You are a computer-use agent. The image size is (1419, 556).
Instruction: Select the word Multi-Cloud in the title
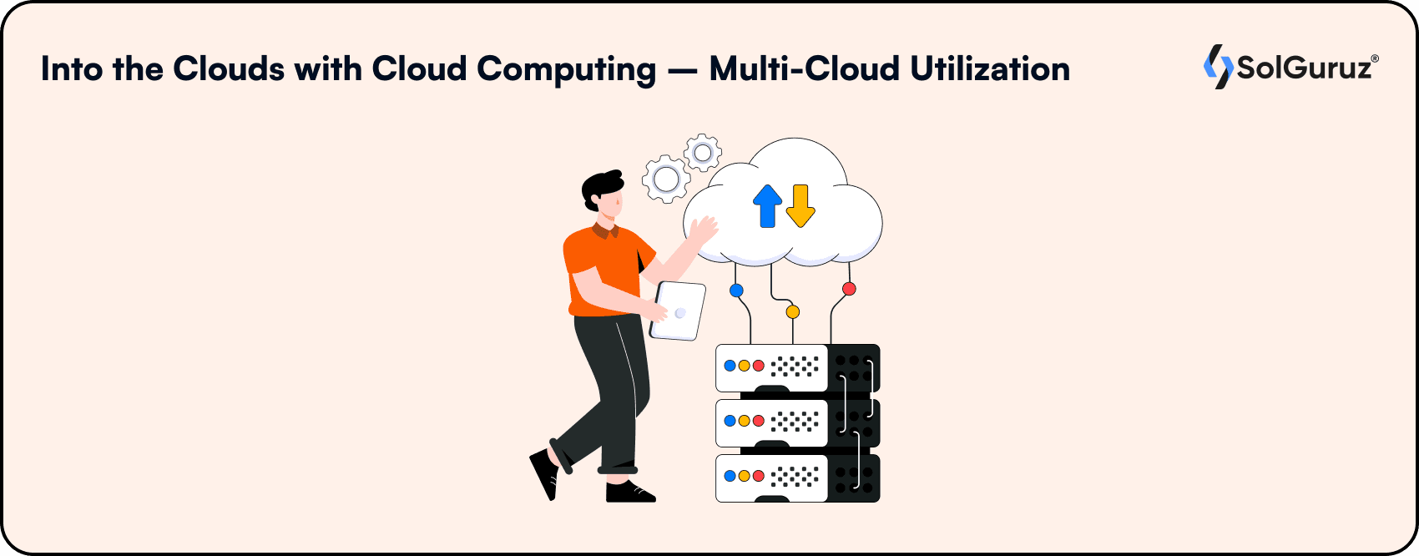tap(805, 69)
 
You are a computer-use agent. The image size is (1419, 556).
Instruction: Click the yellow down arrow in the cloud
tap(800, 205)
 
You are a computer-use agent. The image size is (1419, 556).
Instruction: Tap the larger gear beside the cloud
tap(665, 179)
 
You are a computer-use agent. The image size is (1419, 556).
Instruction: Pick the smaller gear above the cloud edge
tap(703, 153)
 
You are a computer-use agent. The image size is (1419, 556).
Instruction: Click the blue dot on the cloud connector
tap(736, 291)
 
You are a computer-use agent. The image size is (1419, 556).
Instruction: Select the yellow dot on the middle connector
tap(793, 311)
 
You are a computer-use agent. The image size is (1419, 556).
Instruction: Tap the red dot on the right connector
tap(849, 289)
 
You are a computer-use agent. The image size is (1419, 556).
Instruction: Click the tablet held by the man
tap(679, 311)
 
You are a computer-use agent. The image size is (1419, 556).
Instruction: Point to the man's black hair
tap(601, 185)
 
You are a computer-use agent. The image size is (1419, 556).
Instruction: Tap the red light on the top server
tap(758, 366)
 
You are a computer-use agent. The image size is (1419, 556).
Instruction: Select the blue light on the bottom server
tap(730, 476)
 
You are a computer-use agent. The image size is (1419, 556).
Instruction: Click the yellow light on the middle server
tap(744, 421)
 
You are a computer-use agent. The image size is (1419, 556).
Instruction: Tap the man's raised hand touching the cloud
tap(704, 230)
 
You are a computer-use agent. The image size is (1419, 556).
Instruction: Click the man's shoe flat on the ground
tap(630, 493)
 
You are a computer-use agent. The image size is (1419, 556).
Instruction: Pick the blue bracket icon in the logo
tap(1210, 65)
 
